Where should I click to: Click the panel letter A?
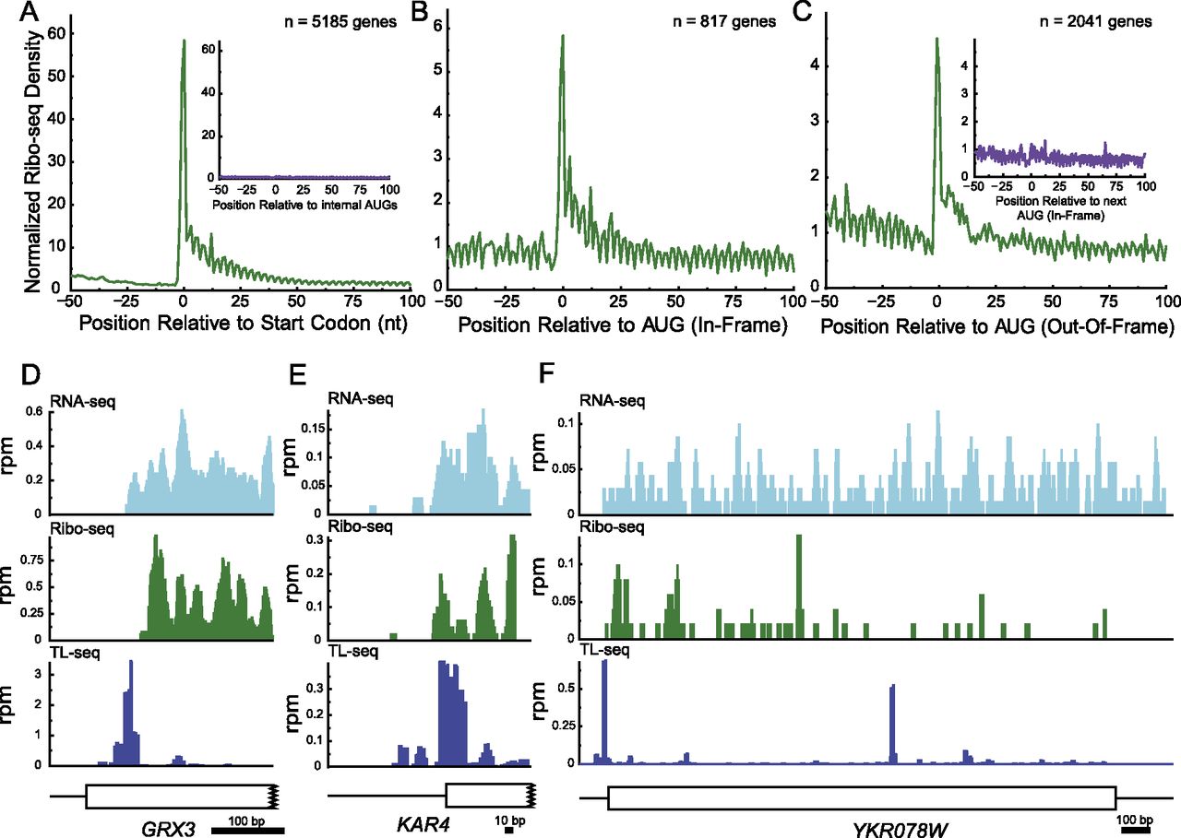(x=29, y=12)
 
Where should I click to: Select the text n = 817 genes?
(x=724, y=21)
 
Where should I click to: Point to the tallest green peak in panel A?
(x=184, y=40)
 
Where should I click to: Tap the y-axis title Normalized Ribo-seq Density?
(x=32, y=160)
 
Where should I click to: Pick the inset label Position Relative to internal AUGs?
(x=304, y=205)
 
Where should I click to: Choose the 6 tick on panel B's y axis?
(x=437, y=27)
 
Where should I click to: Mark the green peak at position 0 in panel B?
(x=563, y=36)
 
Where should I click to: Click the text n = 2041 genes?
(x=1095, y=21)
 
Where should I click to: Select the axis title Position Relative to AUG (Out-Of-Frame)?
(x=997, y=326)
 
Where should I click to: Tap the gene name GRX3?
(x=168, y=829)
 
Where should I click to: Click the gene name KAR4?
(x=423, y=824)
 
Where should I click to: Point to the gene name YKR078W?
(x=900, y=830)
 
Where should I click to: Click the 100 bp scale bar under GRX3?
(x=248, y=832)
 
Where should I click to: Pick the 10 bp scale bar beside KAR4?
(x=508, y=831)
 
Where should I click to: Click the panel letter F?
(x=547, y=374)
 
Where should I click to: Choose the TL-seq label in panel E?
(x=352, y=652)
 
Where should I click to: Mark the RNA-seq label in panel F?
(x=612, y=401)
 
